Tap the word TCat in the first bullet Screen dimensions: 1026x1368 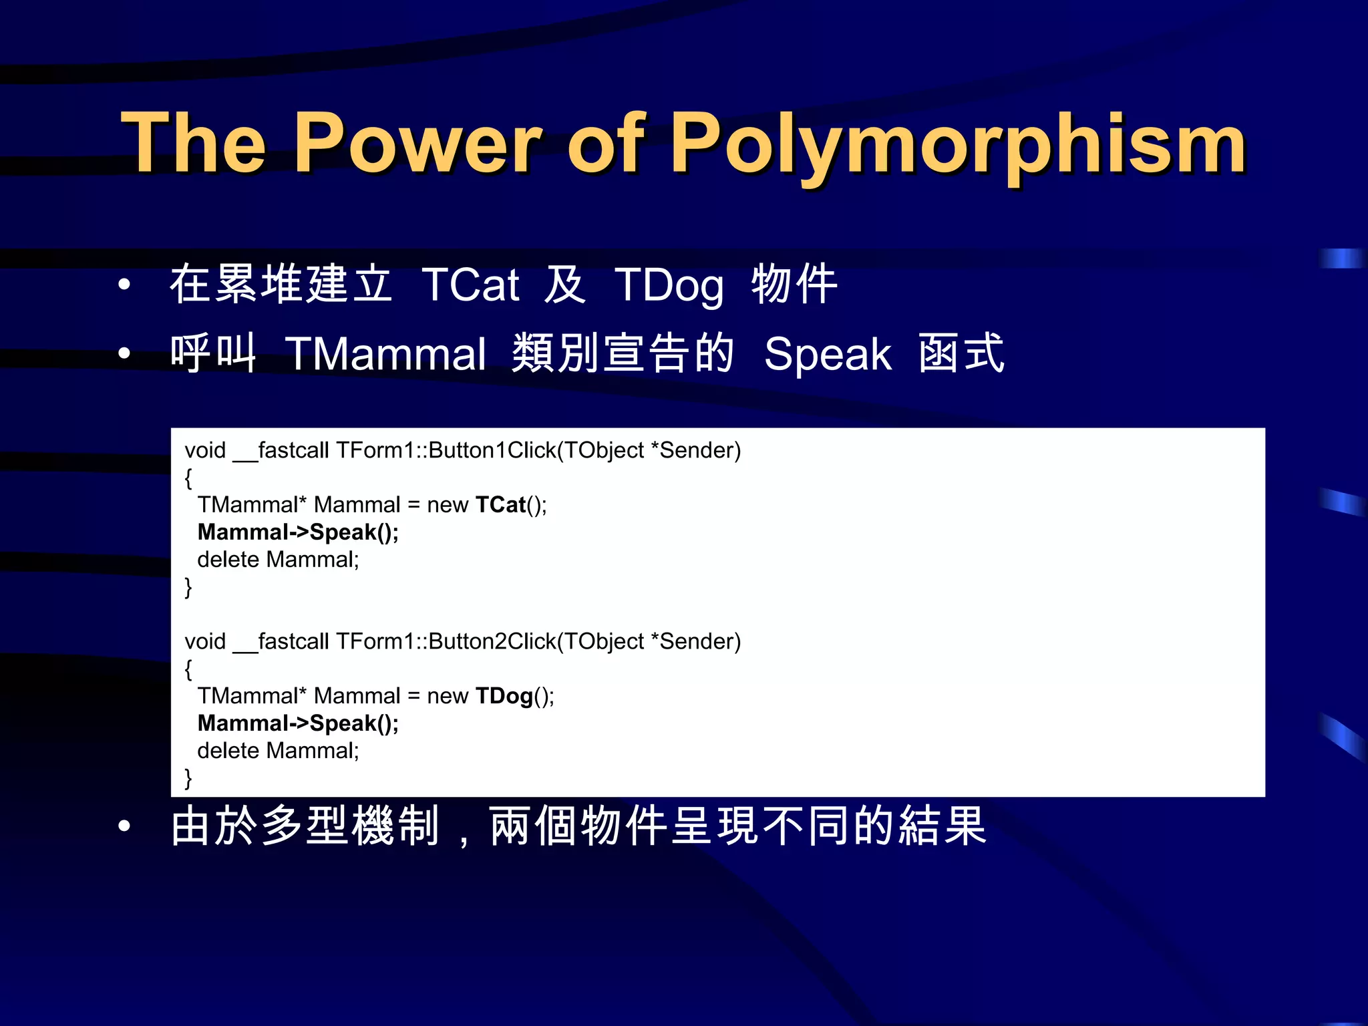[470, 285]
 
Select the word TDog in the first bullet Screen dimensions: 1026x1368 [669, 285]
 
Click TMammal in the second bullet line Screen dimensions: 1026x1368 [385, 354]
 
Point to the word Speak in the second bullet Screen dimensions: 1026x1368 [828, 354]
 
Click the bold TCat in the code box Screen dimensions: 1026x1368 [500, 505]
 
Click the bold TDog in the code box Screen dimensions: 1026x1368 [504, 696]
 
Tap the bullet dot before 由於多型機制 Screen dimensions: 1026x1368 [124, 826]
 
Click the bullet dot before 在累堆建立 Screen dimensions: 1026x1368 [124, 285]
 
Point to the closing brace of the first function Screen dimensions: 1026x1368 [188, 587]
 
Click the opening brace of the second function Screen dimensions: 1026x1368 [188, 669]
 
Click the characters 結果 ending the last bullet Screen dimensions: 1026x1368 [943, 826]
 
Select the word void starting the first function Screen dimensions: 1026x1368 [205, 450]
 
